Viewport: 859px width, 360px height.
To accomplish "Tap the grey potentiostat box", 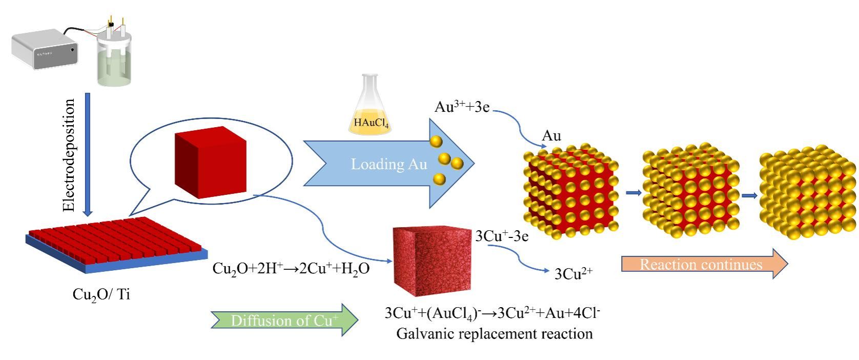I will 45,49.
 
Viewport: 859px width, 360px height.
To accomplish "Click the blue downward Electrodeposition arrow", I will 88,154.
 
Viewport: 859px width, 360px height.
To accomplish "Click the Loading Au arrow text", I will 388,164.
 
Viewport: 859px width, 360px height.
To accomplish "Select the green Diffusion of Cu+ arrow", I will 284,321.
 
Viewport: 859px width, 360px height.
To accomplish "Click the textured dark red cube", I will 432,261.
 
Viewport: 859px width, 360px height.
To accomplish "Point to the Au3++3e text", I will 462,107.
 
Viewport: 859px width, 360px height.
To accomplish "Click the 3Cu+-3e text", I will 502,236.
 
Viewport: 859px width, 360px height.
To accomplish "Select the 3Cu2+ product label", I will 574,274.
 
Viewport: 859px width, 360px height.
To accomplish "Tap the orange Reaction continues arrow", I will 704,264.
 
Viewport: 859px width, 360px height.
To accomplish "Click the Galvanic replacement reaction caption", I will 494,334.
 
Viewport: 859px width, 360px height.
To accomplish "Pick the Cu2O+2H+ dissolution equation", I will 291,268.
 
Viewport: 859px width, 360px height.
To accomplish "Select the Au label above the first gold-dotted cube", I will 551,136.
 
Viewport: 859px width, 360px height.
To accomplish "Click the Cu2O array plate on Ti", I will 117,244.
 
